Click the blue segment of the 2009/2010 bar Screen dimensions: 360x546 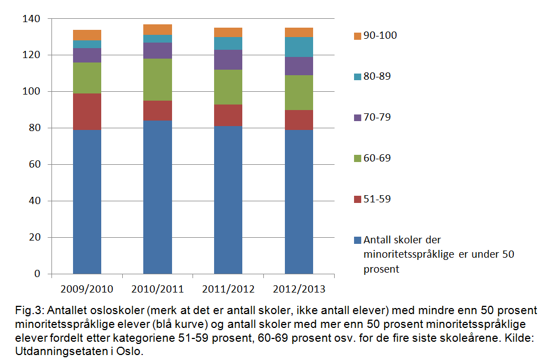pos(87,202)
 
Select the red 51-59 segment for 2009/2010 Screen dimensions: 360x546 pos(87,112)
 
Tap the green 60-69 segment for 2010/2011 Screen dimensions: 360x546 pos(158,80)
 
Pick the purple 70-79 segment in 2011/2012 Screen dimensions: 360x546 pos(228,59)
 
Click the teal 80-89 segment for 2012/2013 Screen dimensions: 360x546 pos(299,47)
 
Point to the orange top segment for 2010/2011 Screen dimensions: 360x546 pos(158,29)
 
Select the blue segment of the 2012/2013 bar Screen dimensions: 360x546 pos(299,202)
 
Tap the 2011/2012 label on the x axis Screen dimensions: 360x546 pos(228,289)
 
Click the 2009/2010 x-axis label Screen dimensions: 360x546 pos(87,289)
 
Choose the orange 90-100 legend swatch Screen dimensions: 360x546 pos(357,36)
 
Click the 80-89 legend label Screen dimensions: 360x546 pos(377,76)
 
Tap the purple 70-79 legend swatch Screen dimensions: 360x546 pos(357,118)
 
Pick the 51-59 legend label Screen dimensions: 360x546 pos(377,199)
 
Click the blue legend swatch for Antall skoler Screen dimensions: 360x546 pos(357,241)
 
